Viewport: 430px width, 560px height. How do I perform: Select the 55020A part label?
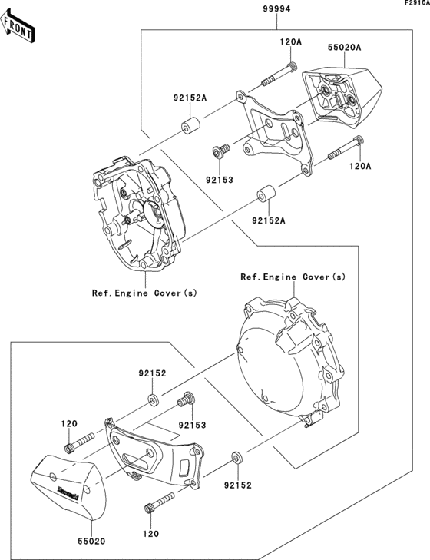345,48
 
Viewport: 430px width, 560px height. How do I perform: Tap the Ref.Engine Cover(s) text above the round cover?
293,277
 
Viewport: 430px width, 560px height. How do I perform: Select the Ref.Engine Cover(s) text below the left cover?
144,293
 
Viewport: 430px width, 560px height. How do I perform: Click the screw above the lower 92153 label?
184,399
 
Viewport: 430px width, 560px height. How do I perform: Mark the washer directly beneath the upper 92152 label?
154,399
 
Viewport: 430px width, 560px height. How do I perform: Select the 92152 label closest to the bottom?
237,485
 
